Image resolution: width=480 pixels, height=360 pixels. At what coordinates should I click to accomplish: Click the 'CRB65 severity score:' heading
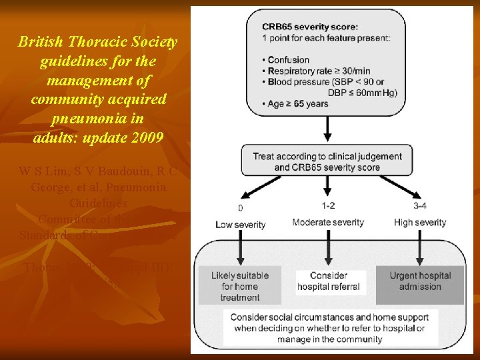pyautogui.click(x=309, y=27)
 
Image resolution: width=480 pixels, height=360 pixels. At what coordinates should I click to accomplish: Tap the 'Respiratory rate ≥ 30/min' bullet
pyautogui.click(x=319, y=71)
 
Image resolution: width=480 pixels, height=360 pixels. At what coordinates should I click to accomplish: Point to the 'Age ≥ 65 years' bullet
pyautogui.click(x=299, y=104)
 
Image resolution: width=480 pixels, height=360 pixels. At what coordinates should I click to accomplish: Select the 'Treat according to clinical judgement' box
pyautogui.click(x=327, y=162)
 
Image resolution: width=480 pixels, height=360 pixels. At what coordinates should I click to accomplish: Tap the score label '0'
pyautogui.click(x=240, y=207)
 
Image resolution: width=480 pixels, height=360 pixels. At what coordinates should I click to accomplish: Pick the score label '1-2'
pyautogui.click(x=327, y=206)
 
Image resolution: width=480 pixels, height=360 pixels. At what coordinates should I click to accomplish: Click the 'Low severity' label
pyautogui.click(x=241, y=225)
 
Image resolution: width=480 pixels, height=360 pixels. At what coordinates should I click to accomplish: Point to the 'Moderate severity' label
pyautogui.click(x=328, y=222)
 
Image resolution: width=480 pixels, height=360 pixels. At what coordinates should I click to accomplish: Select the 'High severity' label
pyautogui.click(x=420, y=222)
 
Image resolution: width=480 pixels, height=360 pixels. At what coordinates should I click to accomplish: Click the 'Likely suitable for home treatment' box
pyautogui.click(x=241, y=286)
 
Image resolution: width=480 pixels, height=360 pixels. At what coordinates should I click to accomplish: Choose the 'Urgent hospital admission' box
pyautogui.click(x=420, y=281)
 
